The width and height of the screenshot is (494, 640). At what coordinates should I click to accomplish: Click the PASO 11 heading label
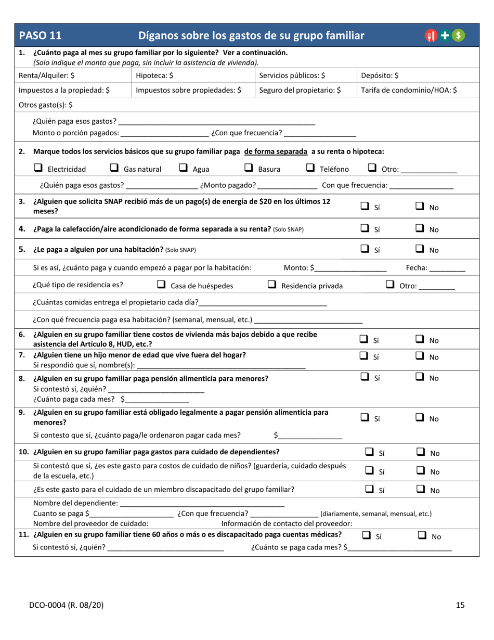[x=40, y=35]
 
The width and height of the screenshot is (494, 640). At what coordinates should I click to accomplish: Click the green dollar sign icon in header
[x=459, y=35]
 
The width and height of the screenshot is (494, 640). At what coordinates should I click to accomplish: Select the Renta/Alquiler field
[x=73, y=75]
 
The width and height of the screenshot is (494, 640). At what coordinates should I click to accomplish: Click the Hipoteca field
[x=192, y=75]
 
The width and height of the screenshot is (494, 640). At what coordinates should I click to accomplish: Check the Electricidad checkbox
[x=37, y=169]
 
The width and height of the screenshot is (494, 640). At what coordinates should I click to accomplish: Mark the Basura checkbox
[x=249, y=169]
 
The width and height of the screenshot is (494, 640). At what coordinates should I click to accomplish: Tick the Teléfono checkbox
[x=310, y=169]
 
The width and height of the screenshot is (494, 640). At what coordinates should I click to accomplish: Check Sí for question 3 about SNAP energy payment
[x=365, y=207]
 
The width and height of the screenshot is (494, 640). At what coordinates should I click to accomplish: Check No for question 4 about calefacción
[x=420, y=228]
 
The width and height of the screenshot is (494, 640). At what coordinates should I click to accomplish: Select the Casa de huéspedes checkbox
[x=161, y=285]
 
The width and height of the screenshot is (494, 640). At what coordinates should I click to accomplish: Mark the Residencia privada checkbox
[x=271, y=285]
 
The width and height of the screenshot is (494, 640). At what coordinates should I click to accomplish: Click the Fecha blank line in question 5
[x=447, y=269]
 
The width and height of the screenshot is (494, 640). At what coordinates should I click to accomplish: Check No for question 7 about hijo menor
[x=420, y=356]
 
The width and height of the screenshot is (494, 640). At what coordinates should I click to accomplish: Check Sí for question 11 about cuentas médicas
[x=366, y=535]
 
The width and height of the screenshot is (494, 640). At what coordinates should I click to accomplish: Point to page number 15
[x=460, y=605]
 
